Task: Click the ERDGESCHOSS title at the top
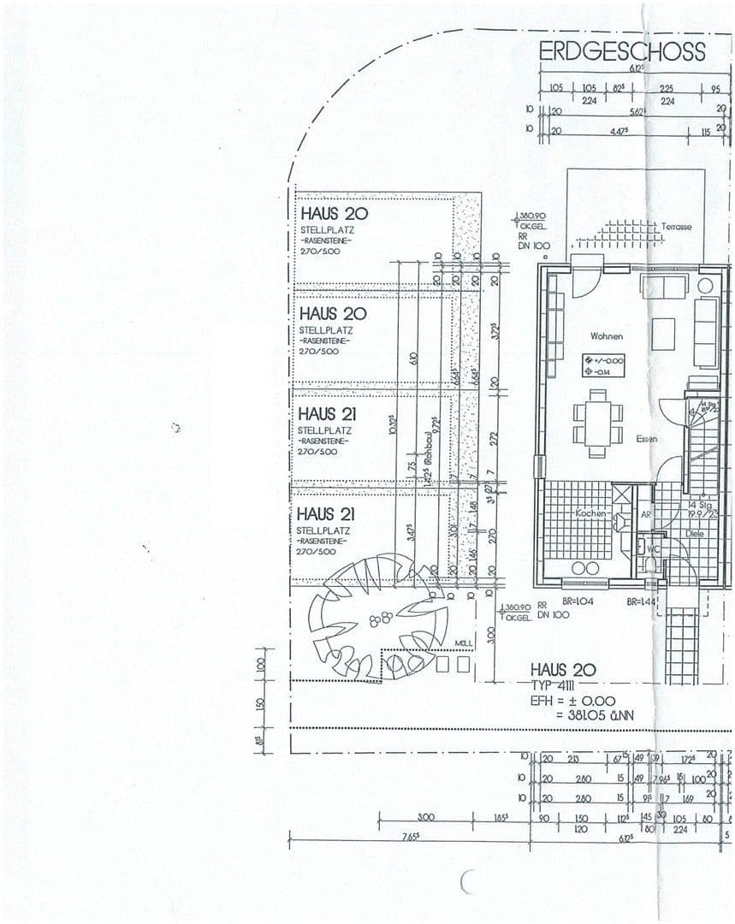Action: click(622, 51)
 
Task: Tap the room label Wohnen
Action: click(606, 336)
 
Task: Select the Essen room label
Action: click(646, 439)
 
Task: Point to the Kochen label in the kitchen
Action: click(590, 513)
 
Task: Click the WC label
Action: click(652, 548)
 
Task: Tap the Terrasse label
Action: click(676, 227)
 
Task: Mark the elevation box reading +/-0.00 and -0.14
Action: click(604, 366)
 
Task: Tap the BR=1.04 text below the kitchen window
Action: click(579, 601)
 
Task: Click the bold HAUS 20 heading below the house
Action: click(562, 669)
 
